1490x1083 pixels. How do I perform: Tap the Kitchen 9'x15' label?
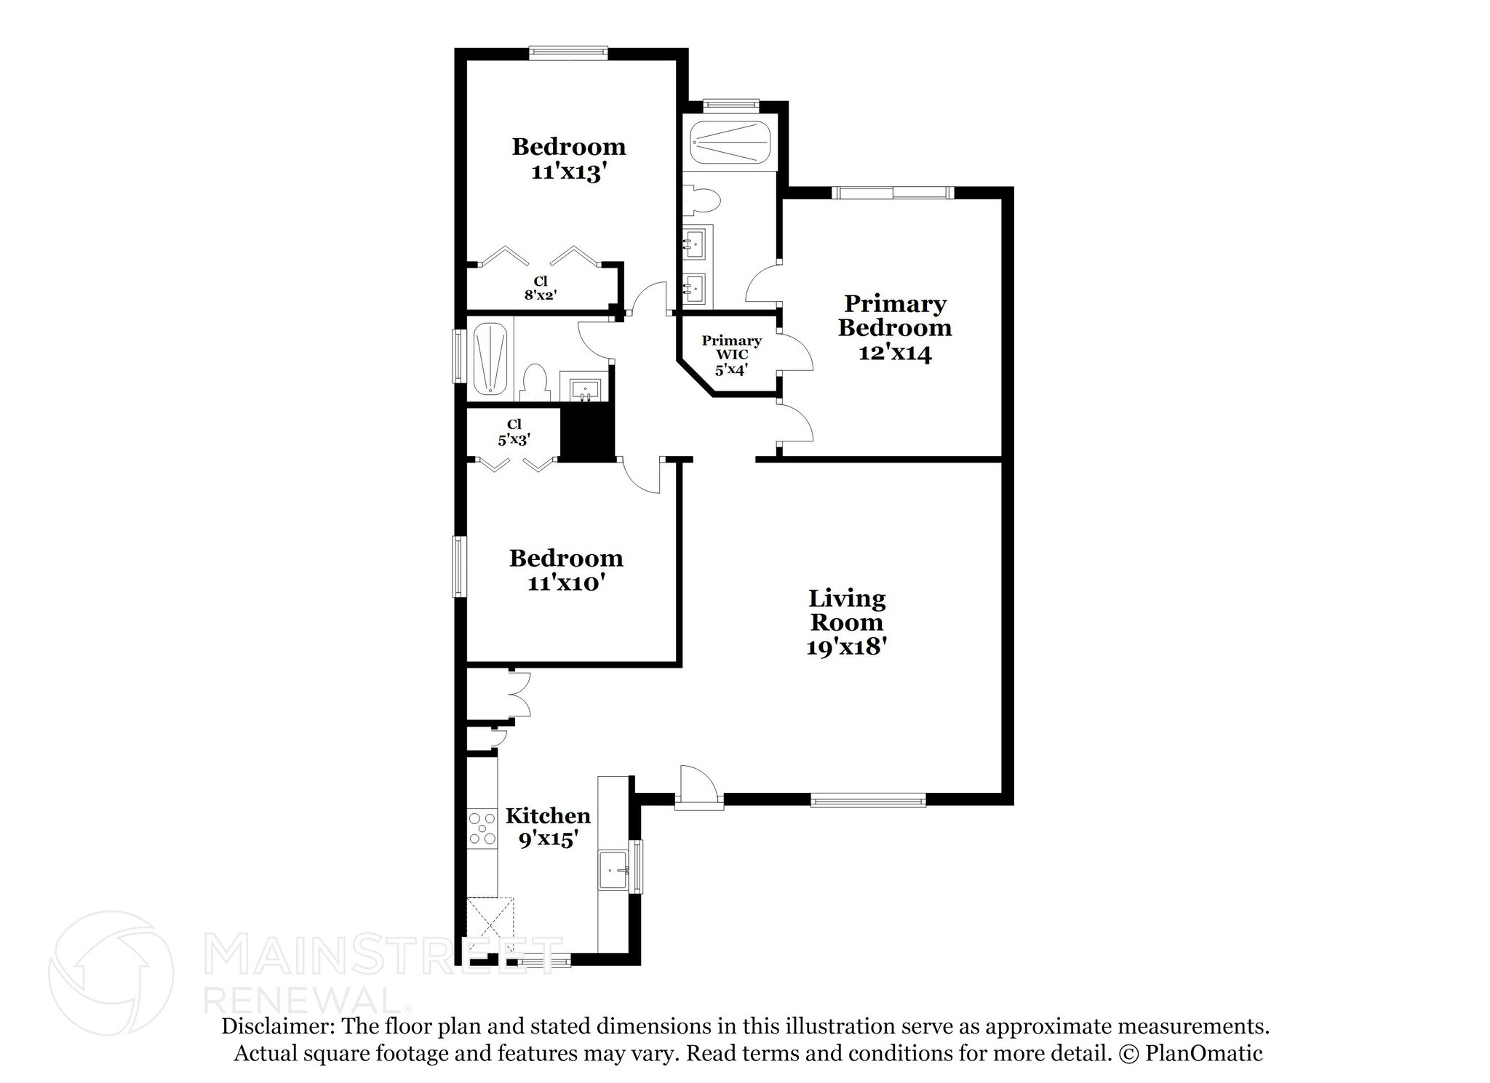tap(549, 827)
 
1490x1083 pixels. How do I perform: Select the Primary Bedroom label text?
tap(895, 316)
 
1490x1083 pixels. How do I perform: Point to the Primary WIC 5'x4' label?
tap(731, 355)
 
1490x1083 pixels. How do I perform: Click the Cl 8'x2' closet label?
tap(541, 288)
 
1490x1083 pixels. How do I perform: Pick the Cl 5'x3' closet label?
tap(514, 432)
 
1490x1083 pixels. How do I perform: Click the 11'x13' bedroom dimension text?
tap(568, 173)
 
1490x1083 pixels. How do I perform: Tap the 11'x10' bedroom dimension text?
tap(567, 583)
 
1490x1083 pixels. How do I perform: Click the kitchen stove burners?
tap(482, 829)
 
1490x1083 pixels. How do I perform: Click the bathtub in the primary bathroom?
tap(730, 143)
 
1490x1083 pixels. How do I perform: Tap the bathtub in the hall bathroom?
tap(490, 359)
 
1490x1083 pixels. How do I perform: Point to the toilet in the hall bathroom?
tap(535, 381)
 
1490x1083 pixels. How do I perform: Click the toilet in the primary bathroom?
tap(702, 199)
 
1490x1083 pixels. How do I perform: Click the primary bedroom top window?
tap(893, 192)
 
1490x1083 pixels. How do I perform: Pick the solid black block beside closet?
tap(588, 433)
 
